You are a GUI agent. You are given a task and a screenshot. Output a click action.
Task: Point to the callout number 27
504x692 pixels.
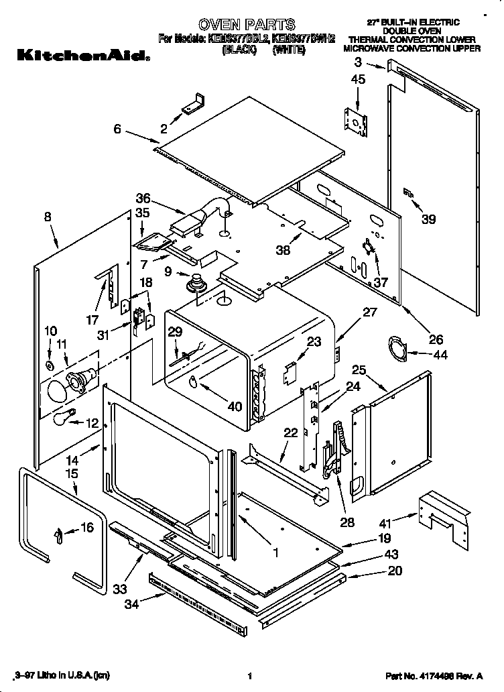click(x=370, y=311)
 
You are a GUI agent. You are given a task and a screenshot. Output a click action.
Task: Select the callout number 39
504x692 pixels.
click(x=428, y=219)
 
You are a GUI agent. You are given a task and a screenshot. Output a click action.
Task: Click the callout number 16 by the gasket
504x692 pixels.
click(x=87, y=528)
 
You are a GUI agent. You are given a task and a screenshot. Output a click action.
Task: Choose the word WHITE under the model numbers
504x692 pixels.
click(x=289, y=50)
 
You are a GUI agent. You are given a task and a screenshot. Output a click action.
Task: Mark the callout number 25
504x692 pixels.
click(x=359, y=369)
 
